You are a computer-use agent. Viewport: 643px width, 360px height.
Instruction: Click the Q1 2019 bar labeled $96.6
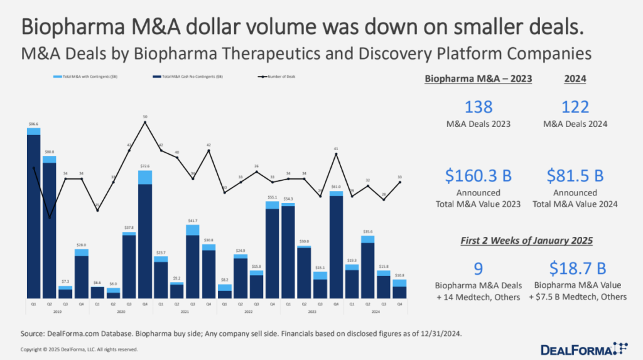point(34,214)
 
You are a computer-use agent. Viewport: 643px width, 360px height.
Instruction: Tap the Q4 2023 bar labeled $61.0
point(336,245)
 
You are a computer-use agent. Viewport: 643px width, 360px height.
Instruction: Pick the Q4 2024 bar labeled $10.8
point(400,290)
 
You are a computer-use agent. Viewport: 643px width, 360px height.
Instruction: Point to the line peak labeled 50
point(145,123)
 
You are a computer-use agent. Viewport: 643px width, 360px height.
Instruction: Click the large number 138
point(478,107)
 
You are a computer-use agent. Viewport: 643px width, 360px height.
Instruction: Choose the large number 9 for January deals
point(478,269)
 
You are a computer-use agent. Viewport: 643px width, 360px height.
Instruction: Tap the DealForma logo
point(583,347)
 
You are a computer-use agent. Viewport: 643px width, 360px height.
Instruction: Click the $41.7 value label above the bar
point(193,221)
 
